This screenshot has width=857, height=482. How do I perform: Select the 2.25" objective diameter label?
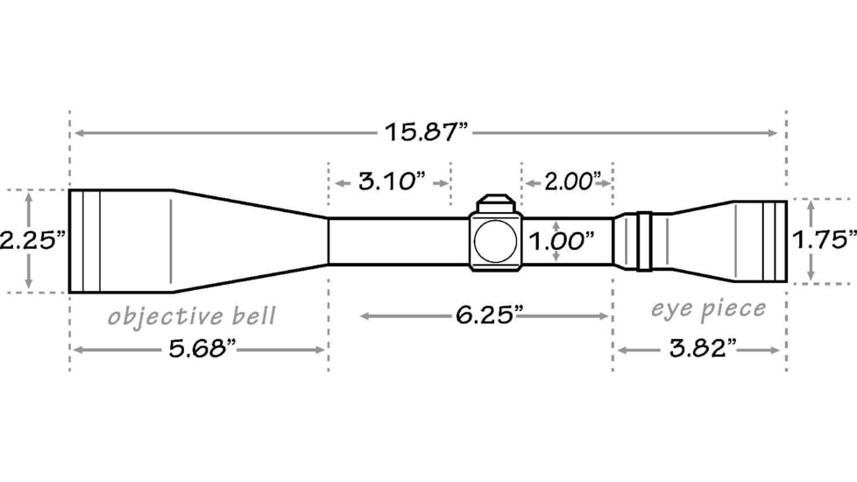tap(33, 240)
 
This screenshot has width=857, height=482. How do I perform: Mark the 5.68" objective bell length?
tap(202, 350)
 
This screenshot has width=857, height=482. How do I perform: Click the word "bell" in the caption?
tap(252, 315)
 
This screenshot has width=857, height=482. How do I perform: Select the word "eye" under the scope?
tap(669, 308)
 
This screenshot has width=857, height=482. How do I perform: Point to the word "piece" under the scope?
tap(731, 308)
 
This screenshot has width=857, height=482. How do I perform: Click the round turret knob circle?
tap(495, 240)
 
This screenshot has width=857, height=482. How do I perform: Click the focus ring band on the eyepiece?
tap(642, 240)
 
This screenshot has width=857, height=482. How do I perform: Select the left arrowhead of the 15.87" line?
tap(76, 133)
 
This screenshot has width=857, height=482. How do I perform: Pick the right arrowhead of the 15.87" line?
tap(774, 133)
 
